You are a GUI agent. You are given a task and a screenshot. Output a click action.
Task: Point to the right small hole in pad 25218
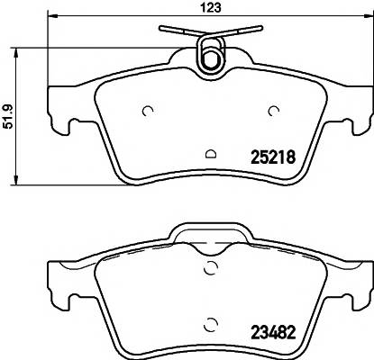[x=274, y=111]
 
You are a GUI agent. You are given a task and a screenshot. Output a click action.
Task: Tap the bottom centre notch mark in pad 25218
[x=210, y=153]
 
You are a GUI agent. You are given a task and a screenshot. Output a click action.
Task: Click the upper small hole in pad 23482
[x=210, y=266]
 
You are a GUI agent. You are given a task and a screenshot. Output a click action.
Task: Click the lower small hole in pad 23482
[x=210, y=325]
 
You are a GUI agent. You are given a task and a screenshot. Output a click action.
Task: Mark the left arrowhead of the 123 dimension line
[x=50, y=17]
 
